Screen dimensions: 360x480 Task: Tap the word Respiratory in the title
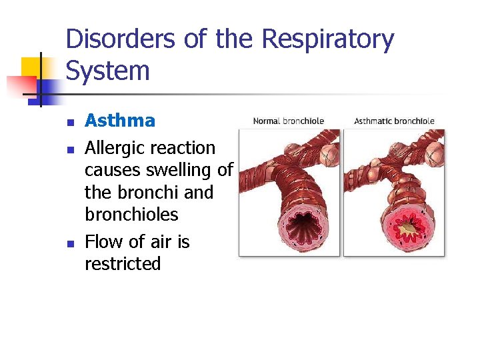click(x=327, y=40)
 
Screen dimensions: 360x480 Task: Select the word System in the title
click(x=107, y=71)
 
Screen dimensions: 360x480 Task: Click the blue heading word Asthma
click(x=120, y=121)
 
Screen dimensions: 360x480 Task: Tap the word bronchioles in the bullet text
click(x=131, y=215)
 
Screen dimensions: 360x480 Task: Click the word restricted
click(x=123, y=264)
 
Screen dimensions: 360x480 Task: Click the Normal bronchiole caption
click(x=289, y=121)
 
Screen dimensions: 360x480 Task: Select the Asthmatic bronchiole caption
click(x=394, y=121)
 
